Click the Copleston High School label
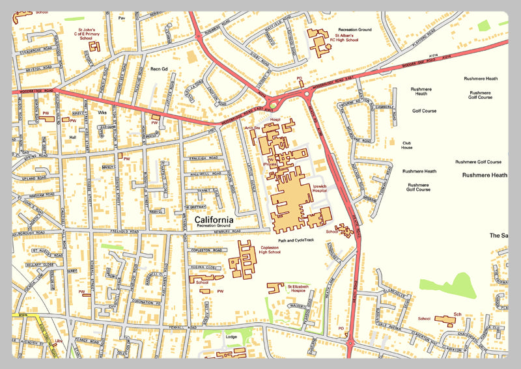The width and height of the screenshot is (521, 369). click(x=270, y=250)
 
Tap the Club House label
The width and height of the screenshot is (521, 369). click(x=407, y=145)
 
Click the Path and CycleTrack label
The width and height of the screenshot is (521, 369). click(x=296, y=240)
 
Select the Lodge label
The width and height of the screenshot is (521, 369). click(x=231, y=336)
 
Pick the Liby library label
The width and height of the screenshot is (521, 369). click(x=58, y=340)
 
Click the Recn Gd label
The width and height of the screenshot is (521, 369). click(x=159, y=68)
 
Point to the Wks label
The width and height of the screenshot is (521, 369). click(x=102, y=113)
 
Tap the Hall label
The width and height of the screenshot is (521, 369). click(x=73, y=137)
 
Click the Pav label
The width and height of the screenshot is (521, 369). click(x=121, y=18)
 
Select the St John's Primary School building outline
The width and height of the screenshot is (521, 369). click(x=95, y=46)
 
